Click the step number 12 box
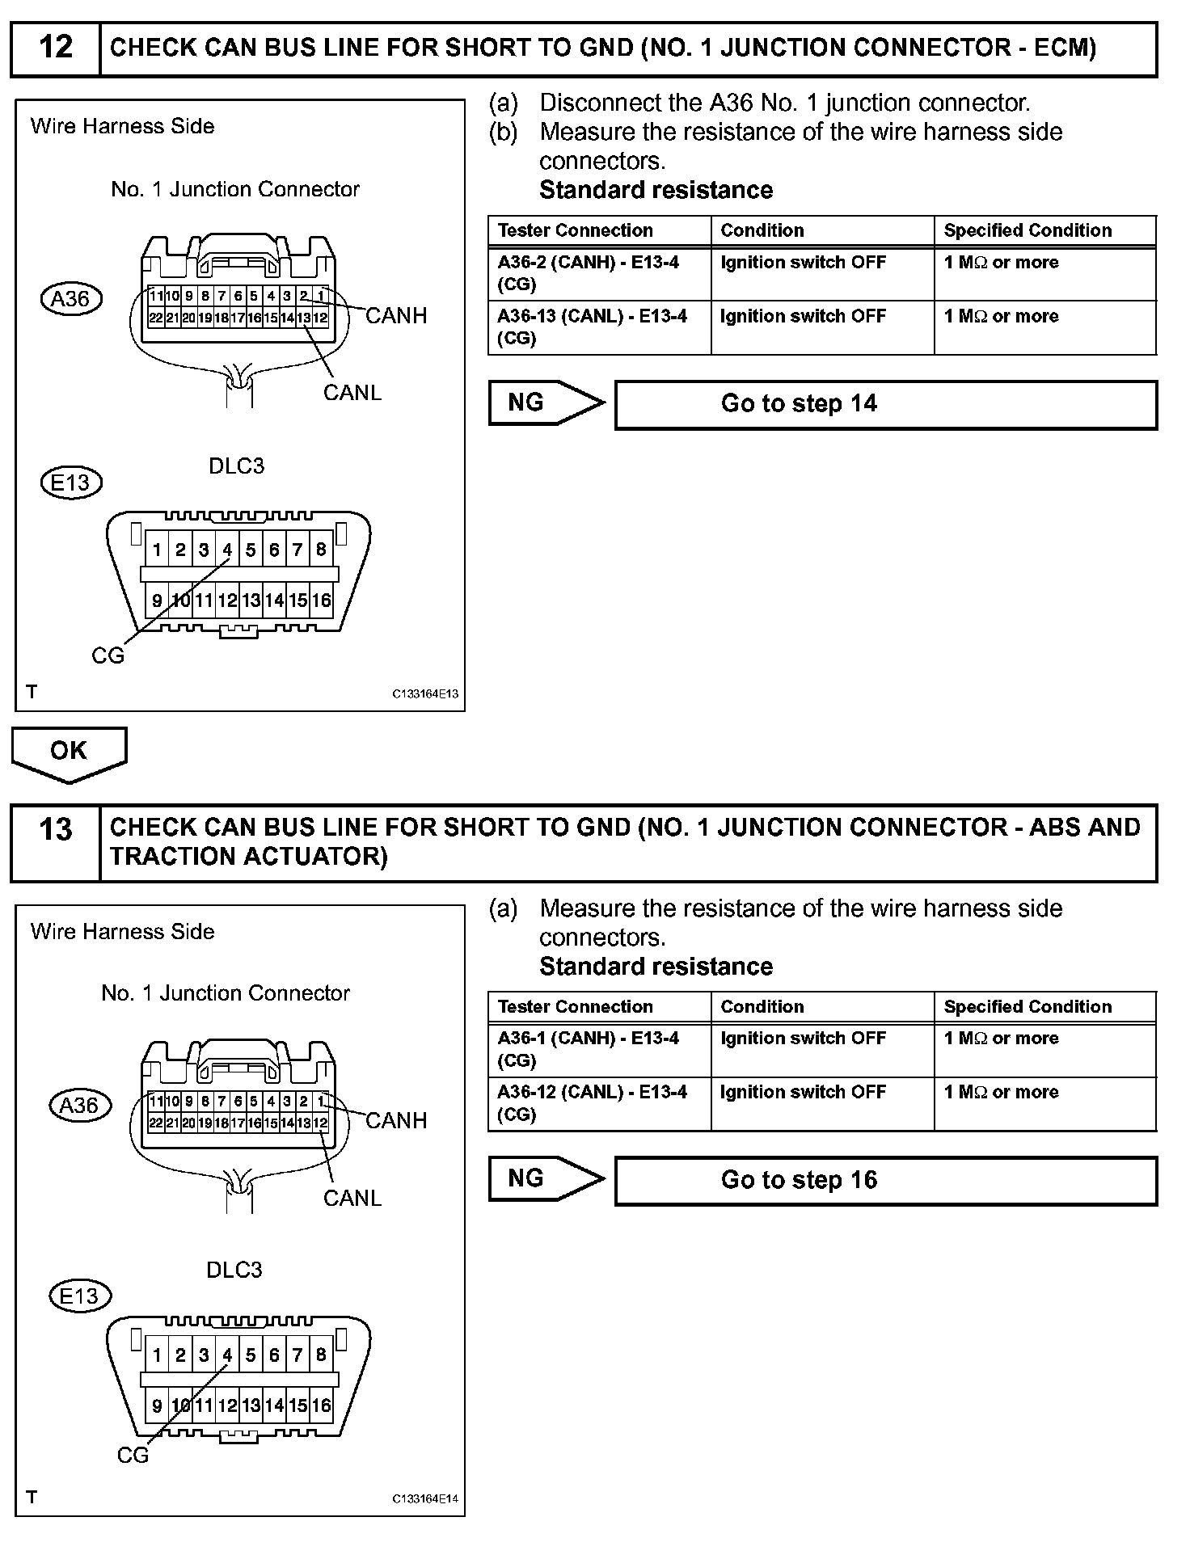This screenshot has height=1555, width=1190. click(x=56, y=48)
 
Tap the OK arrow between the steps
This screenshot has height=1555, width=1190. click(x=69, y=752)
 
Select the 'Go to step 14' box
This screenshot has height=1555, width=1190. click(x=885, y=404)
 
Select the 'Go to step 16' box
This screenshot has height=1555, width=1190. click(x=885, y=1180)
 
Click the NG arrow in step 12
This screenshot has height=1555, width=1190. click(x=546, y=402)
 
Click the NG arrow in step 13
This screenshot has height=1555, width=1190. click(x=546, y=1178)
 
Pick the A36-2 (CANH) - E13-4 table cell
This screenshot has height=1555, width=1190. click(x=599, y=273)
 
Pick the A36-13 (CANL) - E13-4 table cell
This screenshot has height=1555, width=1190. click(x=599, y=327)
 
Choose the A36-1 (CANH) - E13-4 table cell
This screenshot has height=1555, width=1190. click(x=599, y=1049)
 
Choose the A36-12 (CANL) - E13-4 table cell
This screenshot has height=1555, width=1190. click(x=599, y=1102)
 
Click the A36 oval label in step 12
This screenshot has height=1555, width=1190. click(x=71, y=299)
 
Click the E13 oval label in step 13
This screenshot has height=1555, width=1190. click(x=79, y=1296)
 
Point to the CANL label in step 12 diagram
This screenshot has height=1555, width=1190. click(x=352, y=393)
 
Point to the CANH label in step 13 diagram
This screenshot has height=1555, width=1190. click(x=396, y=1120)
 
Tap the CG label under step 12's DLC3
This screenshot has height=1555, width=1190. click(x=108, y=655)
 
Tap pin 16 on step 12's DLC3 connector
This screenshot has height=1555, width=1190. click(x=322, y=601)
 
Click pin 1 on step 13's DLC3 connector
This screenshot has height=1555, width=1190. click(x=157, y=1355)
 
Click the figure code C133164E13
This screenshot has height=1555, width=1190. click(x=425, y=693)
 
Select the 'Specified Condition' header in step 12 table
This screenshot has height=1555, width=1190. click(x=1028, y=230)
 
